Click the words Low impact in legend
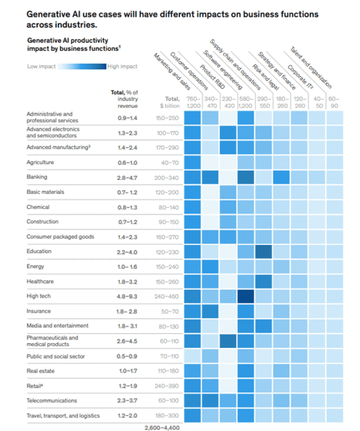click(41, 66)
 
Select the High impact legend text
click(122, 66)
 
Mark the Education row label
click(39, 251)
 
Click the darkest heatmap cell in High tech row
click(246, 296)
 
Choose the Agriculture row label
click(40, 162)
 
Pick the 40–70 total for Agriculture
click(167, 162)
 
